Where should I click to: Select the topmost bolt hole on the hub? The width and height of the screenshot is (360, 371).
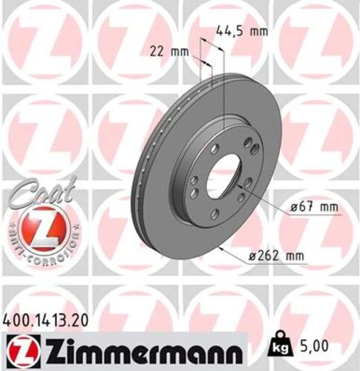[215, 149]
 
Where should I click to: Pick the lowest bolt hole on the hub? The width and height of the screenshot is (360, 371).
[215, 214]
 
